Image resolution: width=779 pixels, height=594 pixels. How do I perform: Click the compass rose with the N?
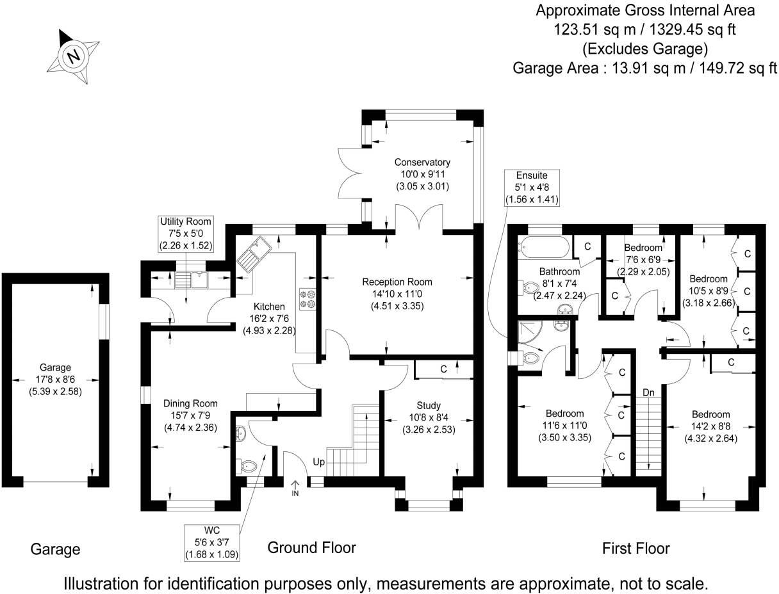coord(73,56)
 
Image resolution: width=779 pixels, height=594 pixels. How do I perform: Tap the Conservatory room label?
coord(422,162)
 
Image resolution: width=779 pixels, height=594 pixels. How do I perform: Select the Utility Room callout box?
coord(186,234)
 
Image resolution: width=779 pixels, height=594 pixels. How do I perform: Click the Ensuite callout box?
coord(532,188)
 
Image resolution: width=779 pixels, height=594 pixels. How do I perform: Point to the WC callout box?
coord(212,542)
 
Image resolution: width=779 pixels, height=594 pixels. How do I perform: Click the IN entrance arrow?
coord(295,488)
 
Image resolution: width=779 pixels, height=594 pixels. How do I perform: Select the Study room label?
coord(429,405)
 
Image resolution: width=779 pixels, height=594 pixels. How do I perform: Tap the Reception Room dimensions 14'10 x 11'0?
coord(397,294)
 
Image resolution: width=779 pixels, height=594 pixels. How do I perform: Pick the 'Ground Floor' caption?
coord(311,547)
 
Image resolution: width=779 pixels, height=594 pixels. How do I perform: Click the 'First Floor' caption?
coord(635,549)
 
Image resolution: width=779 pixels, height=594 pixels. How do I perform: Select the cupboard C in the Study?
coord(443,369)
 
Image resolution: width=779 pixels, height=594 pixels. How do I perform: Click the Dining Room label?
coord(190,403)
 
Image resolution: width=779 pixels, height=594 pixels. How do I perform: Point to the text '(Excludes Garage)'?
coord(644,49)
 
